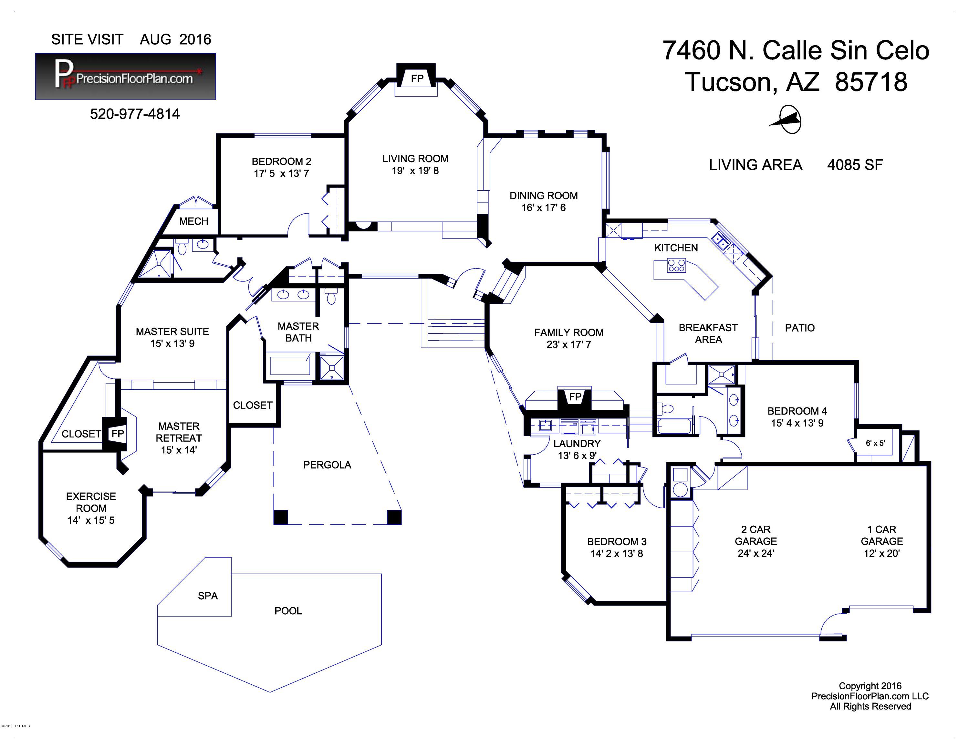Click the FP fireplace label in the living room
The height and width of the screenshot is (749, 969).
click(417, 79)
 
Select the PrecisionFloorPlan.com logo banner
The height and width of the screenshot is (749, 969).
click(126, 76)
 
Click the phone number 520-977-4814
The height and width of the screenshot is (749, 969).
click(135, 114)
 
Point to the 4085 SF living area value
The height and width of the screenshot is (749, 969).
click(855, 165)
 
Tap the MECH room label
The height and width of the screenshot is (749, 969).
click(193, 221)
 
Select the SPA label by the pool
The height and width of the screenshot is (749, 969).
click(208, 596)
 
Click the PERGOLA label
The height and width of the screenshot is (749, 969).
click(327, 465)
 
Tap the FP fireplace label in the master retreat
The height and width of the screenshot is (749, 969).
click(118, 434)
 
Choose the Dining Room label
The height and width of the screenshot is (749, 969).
click(544, 196)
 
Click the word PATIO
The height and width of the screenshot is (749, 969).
click(799, 328)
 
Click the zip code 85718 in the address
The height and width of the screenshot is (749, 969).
click(871, 82)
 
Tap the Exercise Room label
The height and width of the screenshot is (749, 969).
click(91, 502)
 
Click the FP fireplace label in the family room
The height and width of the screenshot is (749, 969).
click(575, 397)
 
